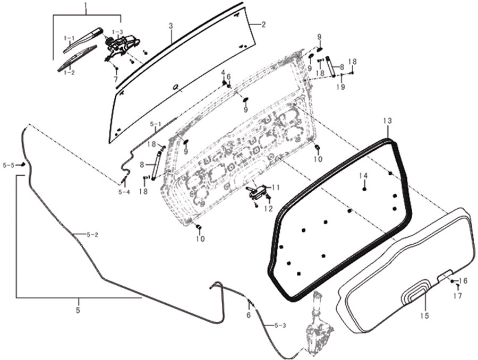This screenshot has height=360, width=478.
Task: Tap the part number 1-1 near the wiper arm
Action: (69, 38)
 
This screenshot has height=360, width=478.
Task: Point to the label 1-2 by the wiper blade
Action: (69, 72)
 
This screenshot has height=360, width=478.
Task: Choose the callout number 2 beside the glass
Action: (263, 24)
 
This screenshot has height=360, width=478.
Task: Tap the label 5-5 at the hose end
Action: (8, 166)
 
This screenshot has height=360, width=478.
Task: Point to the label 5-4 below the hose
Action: (124, 192)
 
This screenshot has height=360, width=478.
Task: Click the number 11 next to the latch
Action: (275, 187)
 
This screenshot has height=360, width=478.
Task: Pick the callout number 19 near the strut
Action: (340, 86)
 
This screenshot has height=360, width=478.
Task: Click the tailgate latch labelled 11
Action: (257, 192)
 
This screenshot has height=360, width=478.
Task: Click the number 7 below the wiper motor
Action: (115, 79)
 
